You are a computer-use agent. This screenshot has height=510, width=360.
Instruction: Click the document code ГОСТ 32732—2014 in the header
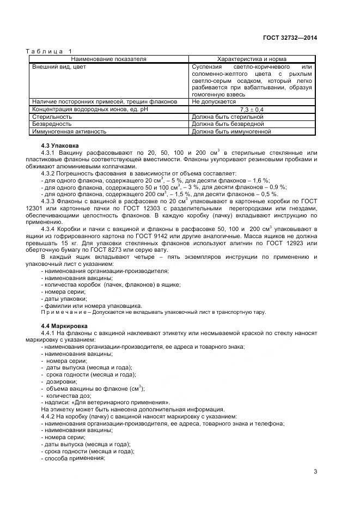click(290, 38)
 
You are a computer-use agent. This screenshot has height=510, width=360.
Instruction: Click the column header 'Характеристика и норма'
click(252, 58)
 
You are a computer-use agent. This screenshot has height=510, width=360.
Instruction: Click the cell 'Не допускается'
click(213, 101)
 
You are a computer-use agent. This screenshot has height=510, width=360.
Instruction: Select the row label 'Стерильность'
click(52, 117)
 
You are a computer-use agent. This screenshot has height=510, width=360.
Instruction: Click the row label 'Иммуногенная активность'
click(69, 131)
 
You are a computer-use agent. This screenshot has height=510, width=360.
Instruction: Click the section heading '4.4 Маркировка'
click(64, 325)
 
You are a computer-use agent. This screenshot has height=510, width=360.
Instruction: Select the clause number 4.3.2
click(51, 173)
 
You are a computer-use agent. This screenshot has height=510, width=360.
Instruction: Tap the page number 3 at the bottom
click(315, 472)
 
